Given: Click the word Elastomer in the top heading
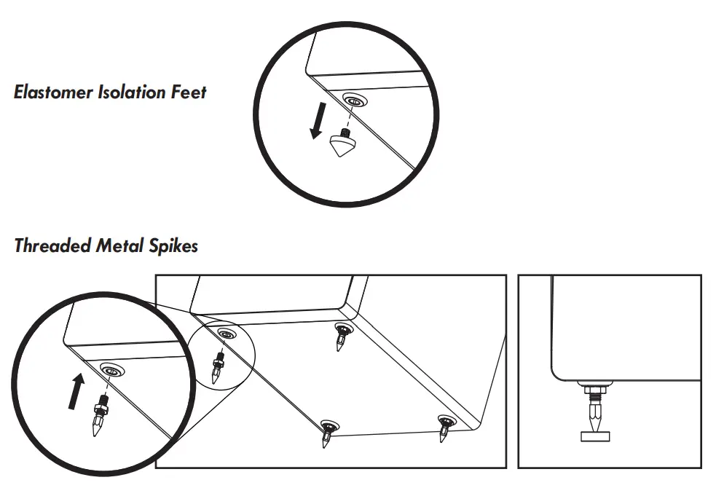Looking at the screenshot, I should pyautogui.click(x=53, y=93).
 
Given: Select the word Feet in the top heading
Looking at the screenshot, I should pyautogui.click(x=189, y=93).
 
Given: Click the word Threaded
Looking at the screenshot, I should pyautogui.click(x=52, y=246).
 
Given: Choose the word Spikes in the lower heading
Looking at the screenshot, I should pyautogui.click(x=174, y=246).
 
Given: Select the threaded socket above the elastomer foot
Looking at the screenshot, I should pyautogui.click(x=354, y=101).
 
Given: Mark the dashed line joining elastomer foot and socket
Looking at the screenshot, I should pyautogui.click(x=349, y=117).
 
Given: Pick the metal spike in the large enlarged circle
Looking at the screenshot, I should pyautogui.click(x=100, y=417).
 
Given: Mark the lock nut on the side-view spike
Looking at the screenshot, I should pyautogui.click(x=594, y=393).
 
